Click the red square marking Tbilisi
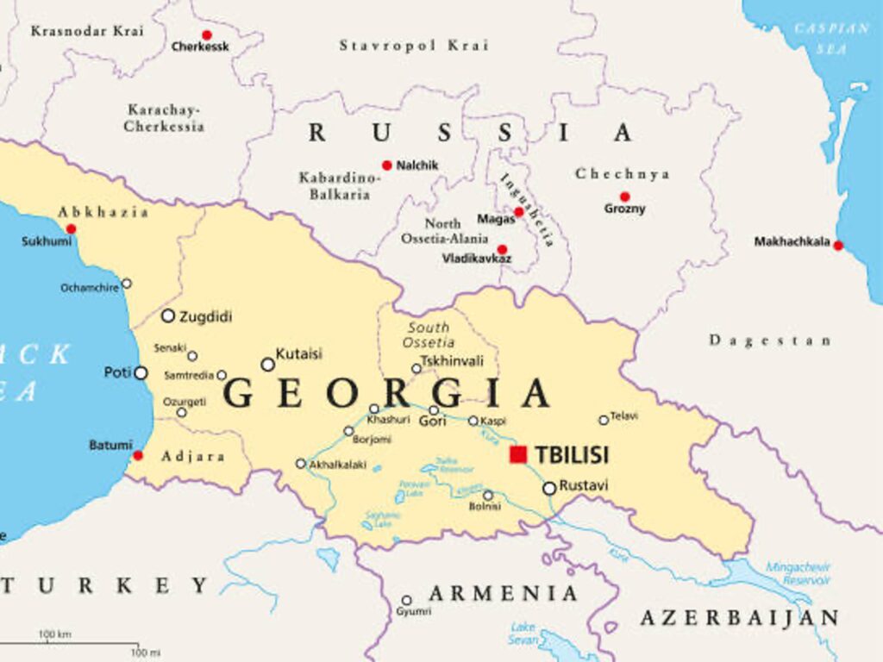click(517, 454)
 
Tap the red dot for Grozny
click(624, 197)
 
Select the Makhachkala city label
click(792, 242)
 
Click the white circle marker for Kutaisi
click(268, 365)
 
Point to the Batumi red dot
click(138, 455)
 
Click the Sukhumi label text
click(47, 242)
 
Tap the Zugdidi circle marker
click(168, 316)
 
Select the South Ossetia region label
click(429, 334)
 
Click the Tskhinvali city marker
click(416, 369)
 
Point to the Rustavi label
click(584, 486)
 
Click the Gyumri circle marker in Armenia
click(407, 600)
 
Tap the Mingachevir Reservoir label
click(798, 573)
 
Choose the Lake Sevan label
click(523, 633)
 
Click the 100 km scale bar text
click(54, 635)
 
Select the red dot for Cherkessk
click(206, 35)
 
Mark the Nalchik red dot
click(387, 165)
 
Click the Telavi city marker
click(604, 421)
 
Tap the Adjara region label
click(194, 456)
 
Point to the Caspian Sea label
click(832, 39)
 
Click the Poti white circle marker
click(141, 373)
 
